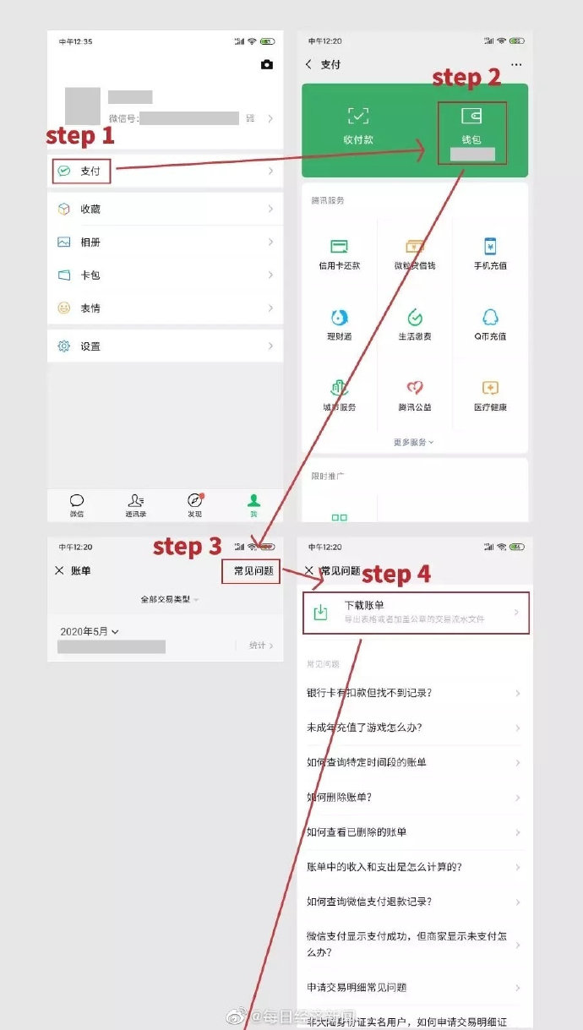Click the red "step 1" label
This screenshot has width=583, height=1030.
(79, 135)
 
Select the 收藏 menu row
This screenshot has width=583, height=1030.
(90, 210)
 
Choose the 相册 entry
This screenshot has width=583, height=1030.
(90, 243)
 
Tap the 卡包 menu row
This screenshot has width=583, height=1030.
(90, 275)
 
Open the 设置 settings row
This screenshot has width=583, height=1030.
(90, 346)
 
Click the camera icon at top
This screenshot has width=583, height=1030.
(267, 65)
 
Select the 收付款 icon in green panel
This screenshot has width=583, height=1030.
(358, 125)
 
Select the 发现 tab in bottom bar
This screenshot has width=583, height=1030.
(195, 504)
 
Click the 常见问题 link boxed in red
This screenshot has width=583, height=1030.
(253, 571)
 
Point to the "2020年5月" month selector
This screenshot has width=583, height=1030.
(90, 631)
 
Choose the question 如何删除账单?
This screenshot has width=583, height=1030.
(340, 797)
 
